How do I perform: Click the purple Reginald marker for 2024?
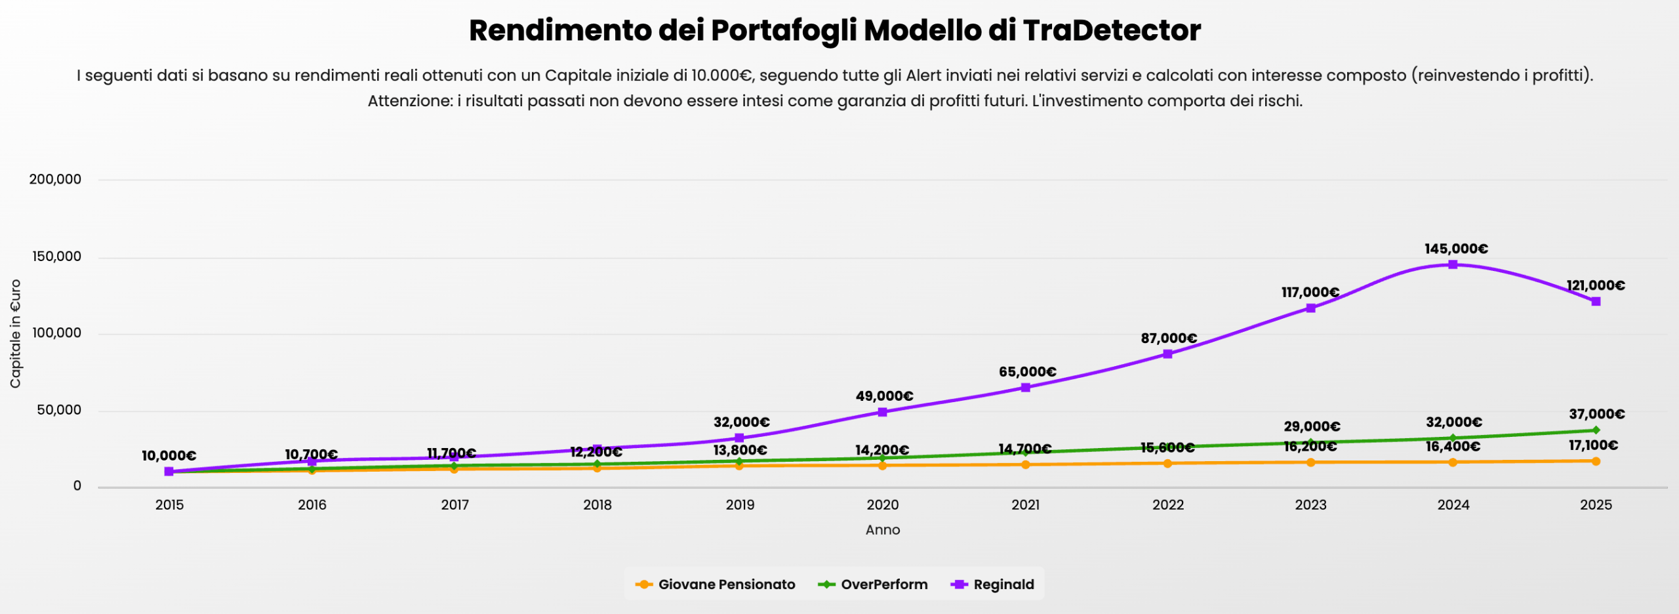(x=1453, y=264)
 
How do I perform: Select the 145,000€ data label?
(x=1456, y=249)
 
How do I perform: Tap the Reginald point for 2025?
(x=1596, y=301)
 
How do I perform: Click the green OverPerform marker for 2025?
(x=1596, y=430)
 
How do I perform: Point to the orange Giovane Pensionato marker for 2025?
(x=1596, y=461)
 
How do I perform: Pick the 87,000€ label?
(x=1169, y=338)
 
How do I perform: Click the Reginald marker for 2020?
(x=882, y=412)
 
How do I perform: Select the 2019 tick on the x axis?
(x=740, y=504)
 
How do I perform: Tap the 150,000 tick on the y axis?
(x=56, y=256)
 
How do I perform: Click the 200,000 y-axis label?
(x=55, y=179)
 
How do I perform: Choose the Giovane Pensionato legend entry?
(x=716, y=584)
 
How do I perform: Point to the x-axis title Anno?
(x=882, y=530)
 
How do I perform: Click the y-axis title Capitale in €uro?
(x=15, y=333)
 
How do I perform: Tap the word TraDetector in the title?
(x=1112, y=30)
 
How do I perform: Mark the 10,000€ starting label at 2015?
(x=169, y=456)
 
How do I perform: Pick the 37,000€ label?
(x=1596, y=414)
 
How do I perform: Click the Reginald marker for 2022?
(x=1167, y=354)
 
